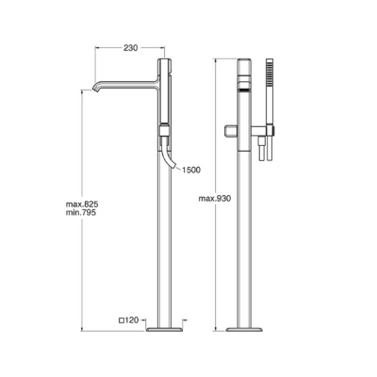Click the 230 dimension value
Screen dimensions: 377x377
click(130, 48)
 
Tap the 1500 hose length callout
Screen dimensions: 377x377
click(191, 170)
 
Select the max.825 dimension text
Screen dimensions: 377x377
click(82, 204)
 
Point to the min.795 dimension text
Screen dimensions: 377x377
click(81, 212)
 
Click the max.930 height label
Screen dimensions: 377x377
click(215, 199)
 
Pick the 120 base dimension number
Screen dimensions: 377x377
click(132, 320)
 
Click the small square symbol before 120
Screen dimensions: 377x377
click(122, 320)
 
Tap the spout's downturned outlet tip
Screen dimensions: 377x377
click(95, 90)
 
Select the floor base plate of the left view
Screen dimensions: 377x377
click(164, 330)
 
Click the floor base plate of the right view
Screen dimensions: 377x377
click(244, 330)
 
